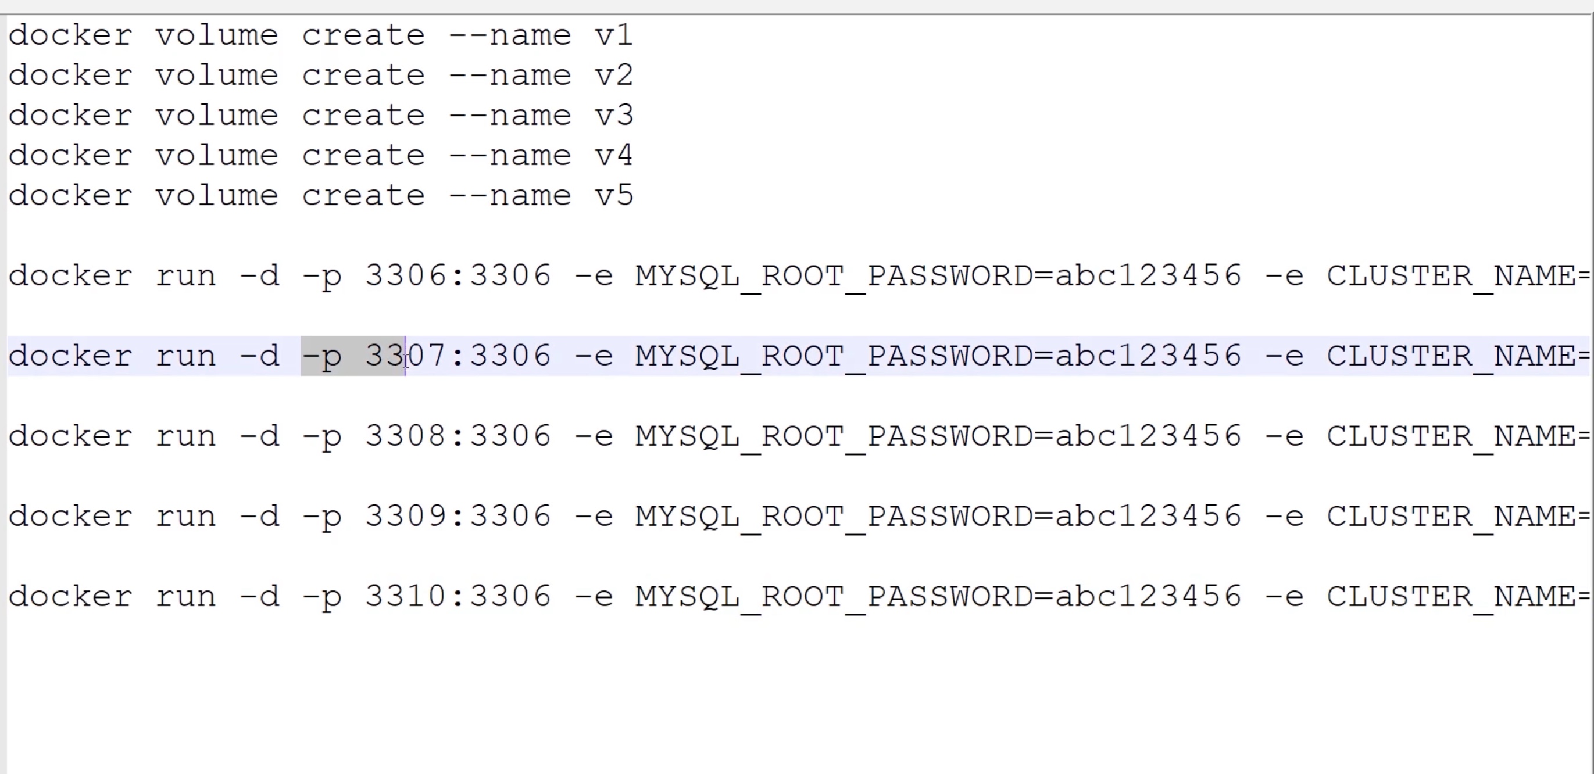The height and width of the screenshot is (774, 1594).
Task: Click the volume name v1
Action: pyautogui.click(x=613, y=35)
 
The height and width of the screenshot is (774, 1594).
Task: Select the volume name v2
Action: pyautogui.click(x=613, y=76)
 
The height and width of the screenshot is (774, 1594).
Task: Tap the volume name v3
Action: pyautogui.click(x=613, y=116)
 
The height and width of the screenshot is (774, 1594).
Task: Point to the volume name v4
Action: pyautogui.click(x=613, y=155)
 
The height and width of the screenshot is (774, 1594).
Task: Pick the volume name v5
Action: pyautogui.click(x=613, y=195)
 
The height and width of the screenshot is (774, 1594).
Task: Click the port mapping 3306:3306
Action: pyautogui.click(x=458, y=275)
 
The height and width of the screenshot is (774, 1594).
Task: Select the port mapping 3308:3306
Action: pyautogui.click(x=458, y=436)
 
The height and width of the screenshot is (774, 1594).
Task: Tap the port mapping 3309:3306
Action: pyautogui.click(x=458, y=516)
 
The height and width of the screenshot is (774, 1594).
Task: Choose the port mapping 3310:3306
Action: pyautogui.click(x=458, y=596)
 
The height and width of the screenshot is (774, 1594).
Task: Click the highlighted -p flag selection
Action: pyautogui.click(x=352, y=356)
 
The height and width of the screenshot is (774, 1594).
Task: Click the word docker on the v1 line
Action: pyautogui.click(x=70, y=35)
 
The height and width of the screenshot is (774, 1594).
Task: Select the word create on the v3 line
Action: pyautogui.click(x=363, y=116)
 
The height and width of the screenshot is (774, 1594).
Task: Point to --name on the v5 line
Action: pyautogui.click(x=509, y=195)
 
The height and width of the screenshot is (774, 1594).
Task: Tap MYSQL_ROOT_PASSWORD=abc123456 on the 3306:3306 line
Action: pyautogui.click(x=938, y=275)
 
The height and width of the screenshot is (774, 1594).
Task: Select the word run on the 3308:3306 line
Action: pyautogui.click(x=185, y=436)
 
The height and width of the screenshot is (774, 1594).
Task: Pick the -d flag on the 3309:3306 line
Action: pyautogui.click(x=259, y=516)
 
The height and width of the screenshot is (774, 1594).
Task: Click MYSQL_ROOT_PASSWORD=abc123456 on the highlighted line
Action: pyautogui.click(x=938, y=356)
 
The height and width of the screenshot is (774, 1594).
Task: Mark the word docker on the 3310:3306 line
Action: pyautogui.click(x=70, y=596)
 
